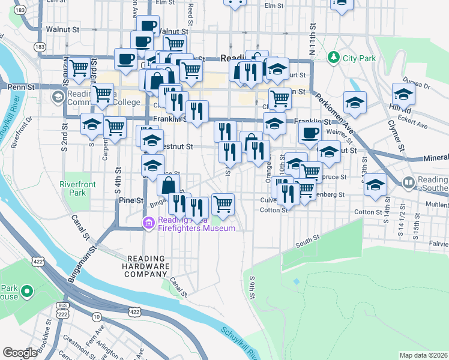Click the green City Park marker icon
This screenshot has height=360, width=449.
[x=333, y=58]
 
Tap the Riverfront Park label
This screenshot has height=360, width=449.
[x=73, y=188]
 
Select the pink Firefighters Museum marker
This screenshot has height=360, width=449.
[x=148, y=223]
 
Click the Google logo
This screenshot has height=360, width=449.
[x=20, y=353]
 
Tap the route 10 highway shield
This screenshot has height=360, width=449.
[x=97, y=316]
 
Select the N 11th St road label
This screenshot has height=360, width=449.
[x=313, y=37]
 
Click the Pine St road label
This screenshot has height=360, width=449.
[x=130, y=200]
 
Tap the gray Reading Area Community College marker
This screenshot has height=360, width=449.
[x=58, y=97]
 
